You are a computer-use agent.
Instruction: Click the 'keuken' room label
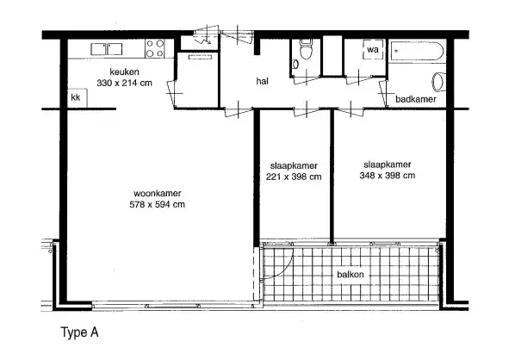[124, 72]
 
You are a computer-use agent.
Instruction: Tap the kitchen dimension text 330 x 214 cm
[125, 83]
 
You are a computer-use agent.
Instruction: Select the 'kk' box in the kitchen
[78, 97]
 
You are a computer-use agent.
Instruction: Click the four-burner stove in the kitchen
[155, 48]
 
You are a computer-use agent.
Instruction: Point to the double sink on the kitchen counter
[107, 49]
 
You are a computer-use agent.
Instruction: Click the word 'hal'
[262, 81]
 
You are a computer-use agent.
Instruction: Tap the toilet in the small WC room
[306, 50]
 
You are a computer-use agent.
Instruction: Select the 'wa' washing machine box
[373, 50]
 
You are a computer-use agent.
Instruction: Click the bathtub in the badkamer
[417, 51]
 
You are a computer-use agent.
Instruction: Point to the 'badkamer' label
[416, 99]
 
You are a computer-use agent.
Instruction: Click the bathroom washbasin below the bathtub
[438, 82]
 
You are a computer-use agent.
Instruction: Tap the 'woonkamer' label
[158, 193]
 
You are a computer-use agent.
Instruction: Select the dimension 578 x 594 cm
[158, 205]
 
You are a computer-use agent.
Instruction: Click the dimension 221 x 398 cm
[294, 177]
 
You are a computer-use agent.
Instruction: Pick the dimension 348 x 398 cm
[388, 176]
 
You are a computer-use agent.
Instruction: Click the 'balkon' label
[351, 274]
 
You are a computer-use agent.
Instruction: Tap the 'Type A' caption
[80, 332]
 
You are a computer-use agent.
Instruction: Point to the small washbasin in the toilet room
[295, 65]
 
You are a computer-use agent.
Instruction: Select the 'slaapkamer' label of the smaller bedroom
[294, 165]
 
